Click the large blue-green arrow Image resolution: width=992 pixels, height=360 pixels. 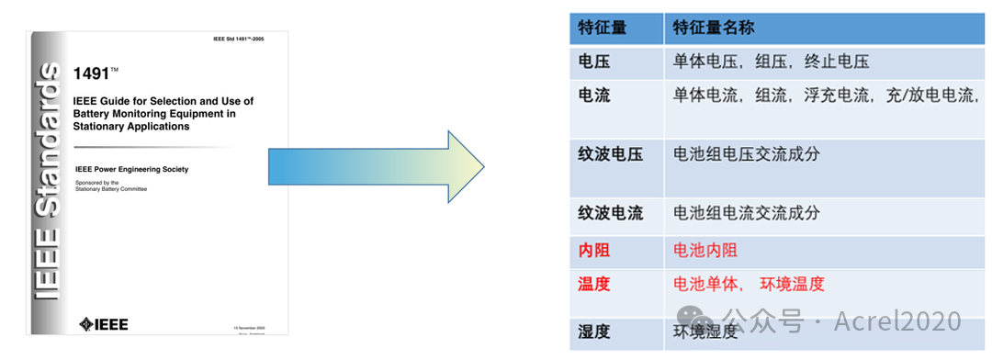tap(377, 168)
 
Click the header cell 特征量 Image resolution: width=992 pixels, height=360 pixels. tap(603, 27)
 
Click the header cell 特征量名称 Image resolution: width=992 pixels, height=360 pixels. tap(714, 27)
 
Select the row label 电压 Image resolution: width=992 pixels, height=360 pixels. tap(594, 62)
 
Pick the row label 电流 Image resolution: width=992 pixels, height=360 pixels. tap(594, 96)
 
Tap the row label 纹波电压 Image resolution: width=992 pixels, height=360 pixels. tap(610, 154)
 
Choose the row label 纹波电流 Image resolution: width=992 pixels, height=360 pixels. tap(610, 213)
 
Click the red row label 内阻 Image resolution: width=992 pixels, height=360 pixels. tap(594, 250)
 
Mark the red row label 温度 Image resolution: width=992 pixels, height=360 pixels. tap(594, 284)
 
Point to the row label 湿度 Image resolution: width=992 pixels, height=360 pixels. tap(594, 332)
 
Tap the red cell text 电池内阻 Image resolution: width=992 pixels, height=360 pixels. tap(705, 250)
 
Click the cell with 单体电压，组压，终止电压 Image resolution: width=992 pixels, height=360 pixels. tap(771, 62)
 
